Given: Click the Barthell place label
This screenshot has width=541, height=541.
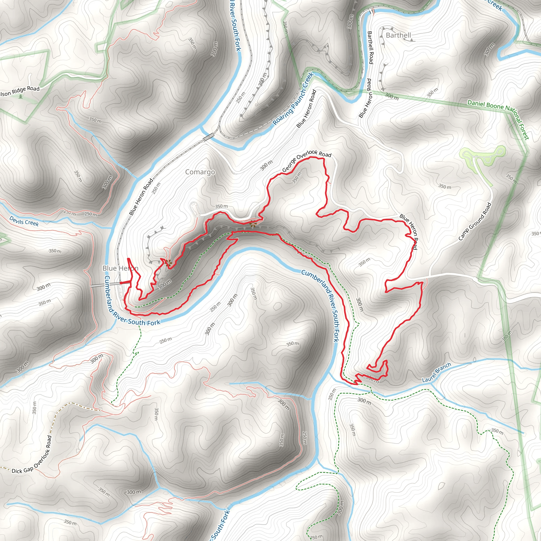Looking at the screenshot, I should (398, 35).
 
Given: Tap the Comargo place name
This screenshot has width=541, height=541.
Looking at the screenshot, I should (200, 172).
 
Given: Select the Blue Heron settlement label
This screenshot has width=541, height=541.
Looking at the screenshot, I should (120, 268).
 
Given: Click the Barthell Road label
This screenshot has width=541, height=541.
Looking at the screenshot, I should (370, 47).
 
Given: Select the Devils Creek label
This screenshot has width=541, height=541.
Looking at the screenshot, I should (24, 221).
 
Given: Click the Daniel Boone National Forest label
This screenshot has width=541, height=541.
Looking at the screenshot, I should (499, 119).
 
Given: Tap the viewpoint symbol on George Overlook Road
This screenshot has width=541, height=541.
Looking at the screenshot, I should (253, 223).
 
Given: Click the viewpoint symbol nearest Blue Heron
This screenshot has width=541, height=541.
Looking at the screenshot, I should (168, 262).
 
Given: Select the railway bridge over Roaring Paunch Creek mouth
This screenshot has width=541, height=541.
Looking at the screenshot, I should (209, 137).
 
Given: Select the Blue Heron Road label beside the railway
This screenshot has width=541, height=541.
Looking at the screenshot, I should (141, 197).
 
